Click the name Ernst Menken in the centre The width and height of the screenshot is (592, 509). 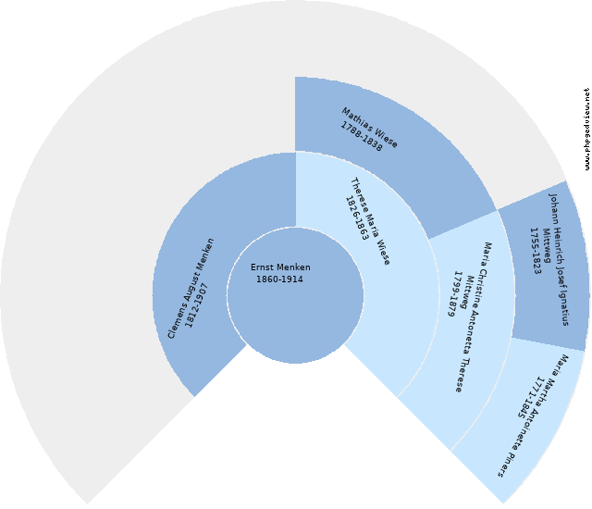pos(280,267)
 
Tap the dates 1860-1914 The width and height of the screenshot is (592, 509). pos(279,279)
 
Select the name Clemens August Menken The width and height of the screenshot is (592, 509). pos(191,287)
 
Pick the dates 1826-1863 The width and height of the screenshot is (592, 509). pos(358,219)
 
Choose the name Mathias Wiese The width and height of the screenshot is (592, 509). pos(370,128)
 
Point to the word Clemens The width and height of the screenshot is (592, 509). pos(176,319)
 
